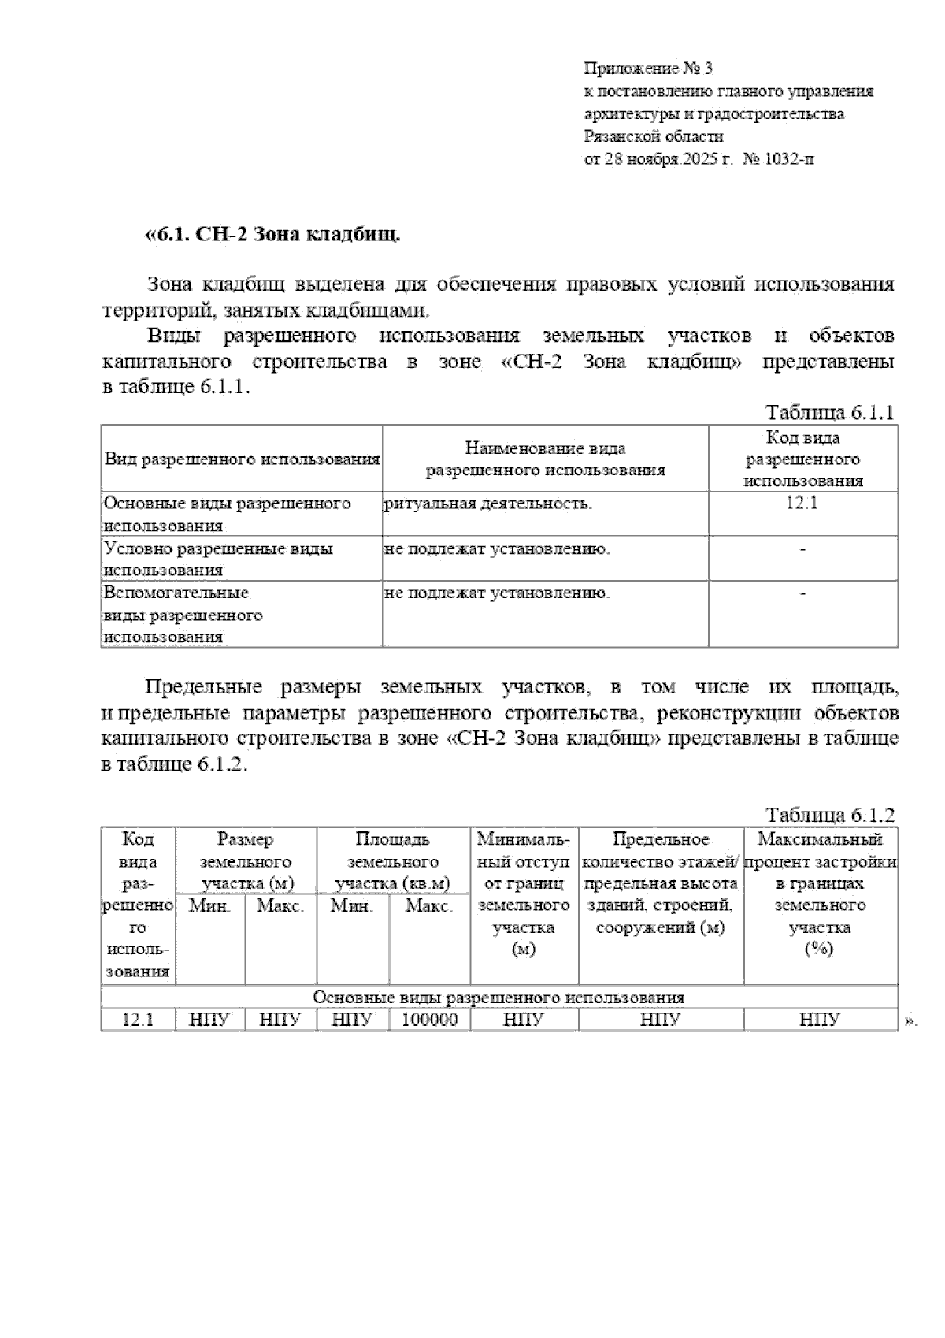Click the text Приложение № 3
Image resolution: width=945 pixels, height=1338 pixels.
(x=648, y=69)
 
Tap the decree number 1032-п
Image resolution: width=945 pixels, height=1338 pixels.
(x=790, y=159)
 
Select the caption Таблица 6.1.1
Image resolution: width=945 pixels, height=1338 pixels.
(x=830, y=413)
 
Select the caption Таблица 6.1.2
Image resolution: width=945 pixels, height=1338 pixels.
(x=830, y=815)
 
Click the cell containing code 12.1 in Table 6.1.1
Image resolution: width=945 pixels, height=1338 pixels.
(x=802, y=504)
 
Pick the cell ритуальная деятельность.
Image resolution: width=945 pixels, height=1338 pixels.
(x=488, y=504)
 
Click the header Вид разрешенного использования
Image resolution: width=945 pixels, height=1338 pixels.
(x=243, y=459)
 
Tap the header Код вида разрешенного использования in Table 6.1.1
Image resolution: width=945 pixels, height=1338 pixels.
(x=802, y=459)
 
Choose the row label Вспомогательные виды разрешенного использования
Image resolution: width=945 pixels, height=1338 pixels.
(x=183, y=615)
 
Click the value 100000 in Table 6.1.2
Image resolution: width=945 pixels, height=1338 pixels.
(x=429, y=1020)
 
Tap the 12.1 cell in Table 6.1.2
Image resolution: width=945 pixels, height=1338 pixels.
(x=138, y=1020)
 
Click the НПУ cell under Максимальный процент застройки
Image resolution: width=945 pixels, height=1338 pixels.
(x=820, y=1020)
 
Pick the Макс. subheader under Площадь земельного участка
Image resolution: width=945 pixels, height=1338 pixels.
(x=429, y=906)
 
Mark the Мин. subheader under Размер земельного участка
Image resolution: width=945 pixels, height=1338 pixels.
(x=210, y=906)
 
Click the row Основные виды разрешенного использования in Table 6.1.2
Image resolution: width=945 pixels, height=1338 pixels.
(x=498, y=997)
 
